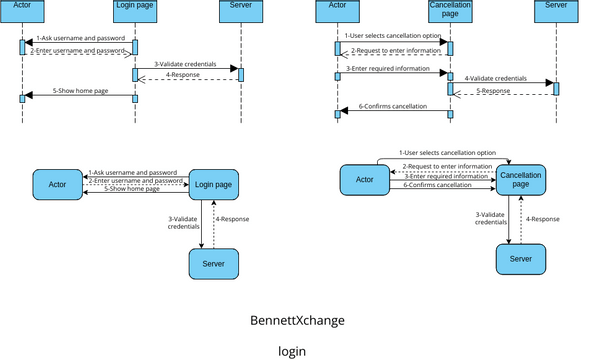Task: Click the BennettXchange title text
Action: (297, 321)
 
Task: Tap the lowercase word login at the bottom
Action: (292, 351)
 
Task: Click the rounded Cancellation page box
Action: (520, 179)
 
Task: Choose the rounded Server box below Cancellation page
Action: (520, 258)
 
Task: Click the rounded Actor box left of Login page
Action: (57, 184)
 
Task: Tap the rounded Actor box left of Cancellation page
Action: (364, 180)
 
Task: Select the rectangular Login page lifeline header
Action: (134, 14)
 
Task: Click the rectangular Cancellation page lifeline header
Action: (450, 14)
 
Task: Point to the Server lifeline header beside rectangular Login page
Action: (240, 14)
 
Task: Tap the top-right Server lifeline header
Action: (555, 14)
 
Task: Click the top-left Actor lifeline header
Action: (22, 14)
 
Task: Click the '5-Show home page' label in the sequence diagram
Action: (78, 90)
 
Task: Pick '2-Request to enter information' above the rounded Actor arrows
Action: (447, 166)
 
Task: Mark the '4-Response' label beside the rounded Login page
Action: (235, 218)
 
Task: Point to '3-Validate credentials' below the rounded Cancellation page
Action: (491, 218)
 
